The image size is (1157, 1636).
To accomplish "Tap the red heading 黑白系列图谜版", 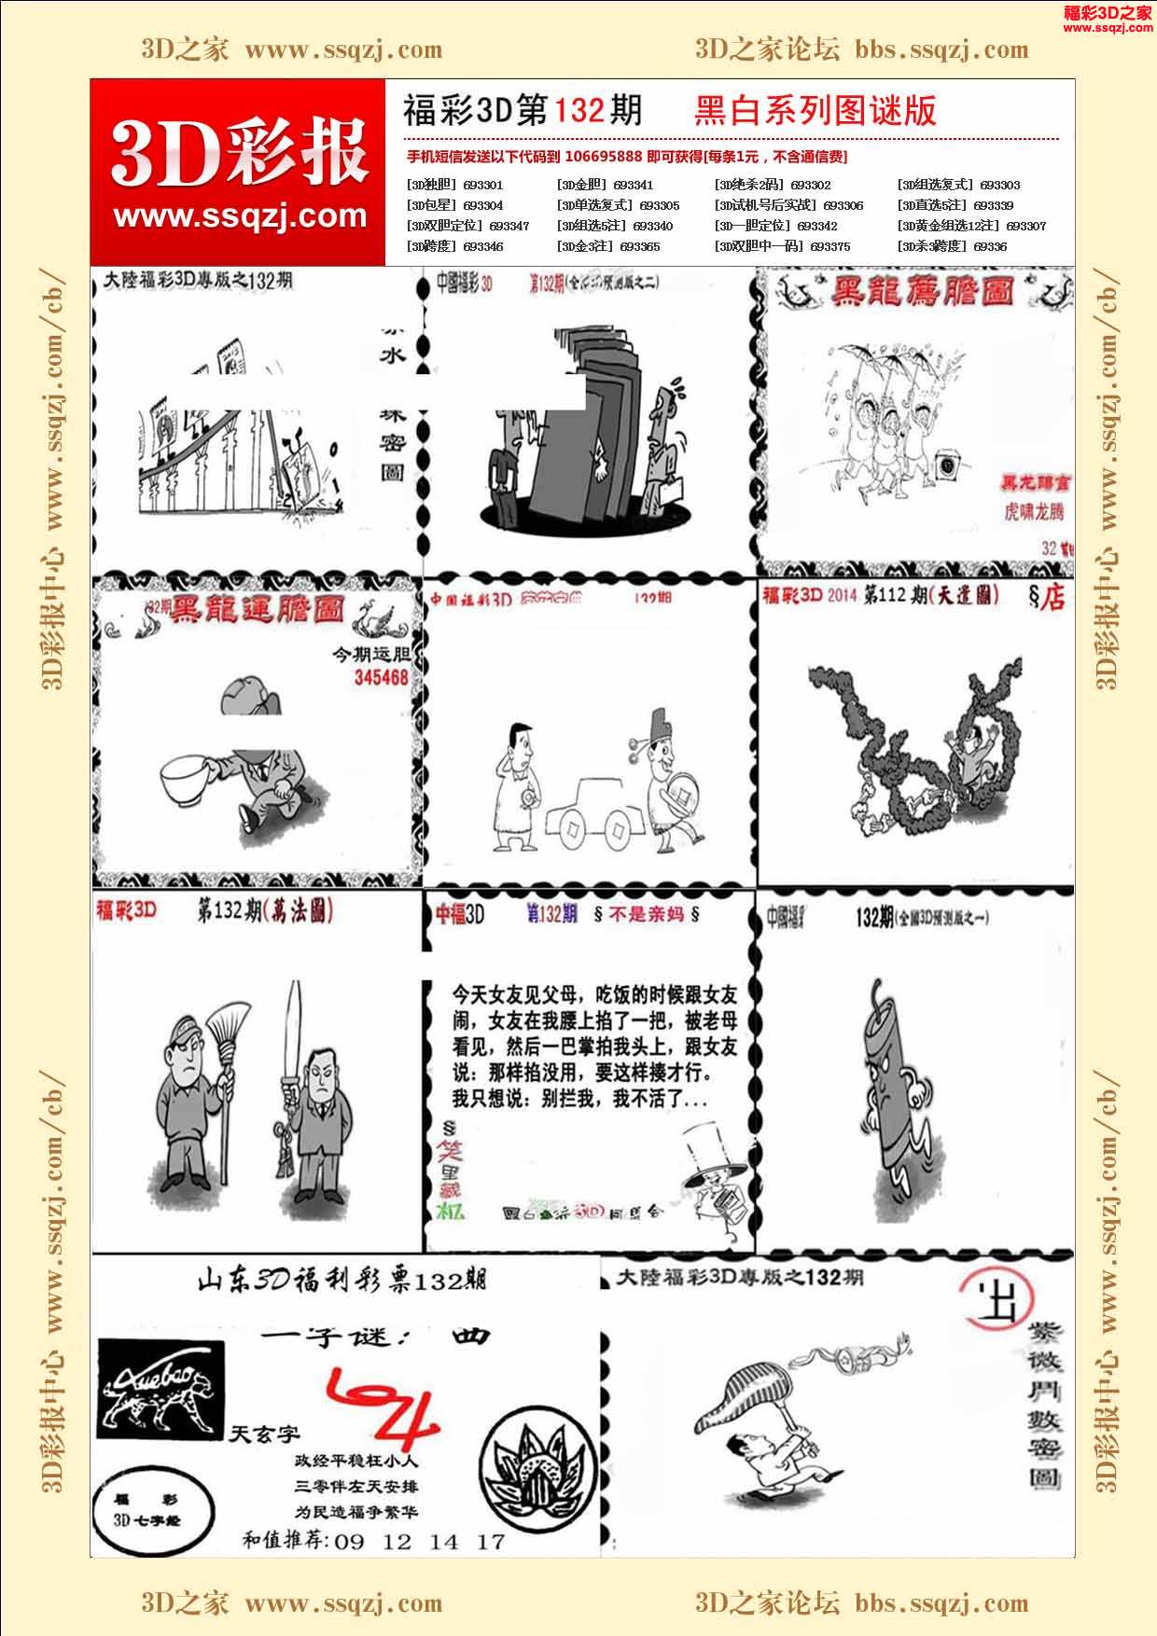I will click(815, 111).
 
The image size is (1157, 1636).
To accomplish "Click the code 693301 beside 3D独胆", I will click(482, 186).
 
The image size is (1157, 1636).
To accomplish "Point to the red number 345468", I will click(382, 677).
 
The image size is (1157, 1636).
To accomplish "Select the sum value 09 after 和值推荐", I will click(349, 1542).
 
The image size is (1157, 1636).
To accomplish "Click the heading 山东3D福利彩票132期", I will click(342, 1282).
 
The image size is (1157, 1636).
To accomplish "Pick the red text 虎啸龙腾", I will click(1033, 511).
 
